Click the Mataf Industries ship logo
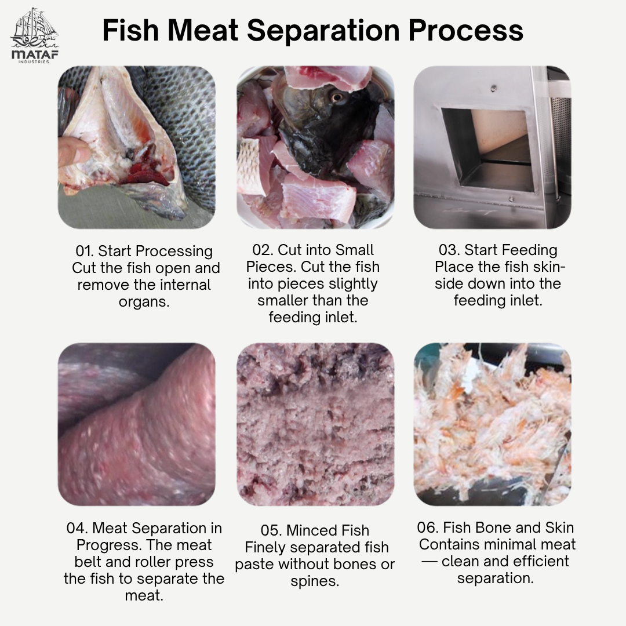[x=34, y=35]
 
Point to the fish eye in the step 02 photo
[x=337, y=97]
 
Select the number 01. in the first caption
[x=85, y=251]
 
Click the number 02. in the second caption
[x=263, y=250]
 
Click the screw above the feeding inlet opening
[x=494, y=88]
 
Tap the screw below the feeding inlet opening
[x=511, y=198]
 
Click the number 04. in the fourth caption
[x=78, y=528]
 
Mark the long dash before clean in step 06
[x=430, y=562]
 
